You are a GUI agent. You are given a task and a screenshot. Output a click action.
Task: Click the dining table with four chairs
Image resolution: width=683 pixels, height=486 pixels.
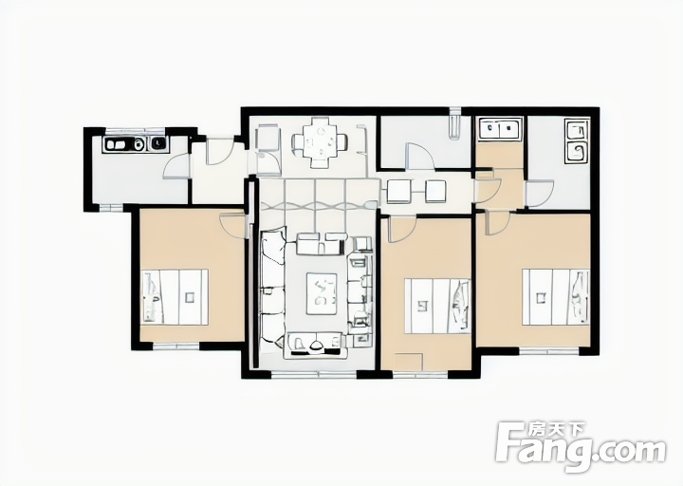(x=320, y=142)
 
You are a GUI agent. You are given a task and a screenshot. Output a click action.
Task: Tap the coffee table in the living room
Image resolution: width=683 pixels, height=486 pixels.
(x=322, y=293)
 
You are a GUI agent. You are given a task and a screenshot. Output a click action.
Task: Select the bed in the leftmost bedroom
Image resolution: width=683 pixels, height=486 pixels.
(x=175, y=296)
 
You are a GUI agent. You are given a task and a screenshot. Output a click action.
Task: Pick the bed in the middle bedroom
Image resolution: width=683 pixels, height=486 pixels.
(x=437, y=306)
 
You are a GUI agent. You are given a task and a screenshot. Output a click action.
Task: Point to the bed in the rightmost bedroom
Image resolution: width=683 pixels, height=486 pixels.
(x=556, y=296)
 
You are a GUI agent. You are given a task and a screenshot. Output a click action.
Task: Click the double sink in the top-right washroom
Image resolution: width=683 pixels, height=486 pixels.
(x=500, y=128)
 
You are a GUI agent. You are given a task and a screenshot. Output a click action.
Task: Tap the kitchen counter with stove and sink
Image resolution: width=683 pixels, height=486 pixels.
(x=135, y=144)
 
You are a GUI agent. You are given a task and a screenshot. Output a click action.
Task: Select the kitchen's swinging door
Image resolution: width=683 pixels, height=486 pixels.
(x=176, y=166)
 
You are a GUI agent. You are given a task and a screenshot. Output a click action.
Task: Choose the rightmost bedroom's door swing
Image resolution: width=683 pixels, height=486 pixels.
(x=497, y=224)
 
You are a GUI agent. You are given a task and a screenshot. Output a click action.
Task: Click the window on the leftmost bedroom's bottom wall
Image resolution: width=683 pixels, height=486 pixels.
(x=176, y=346)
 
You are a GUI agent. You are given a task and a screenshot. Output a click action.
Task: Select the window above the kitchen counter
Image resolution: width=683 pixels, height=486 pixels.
(x=135, y=131)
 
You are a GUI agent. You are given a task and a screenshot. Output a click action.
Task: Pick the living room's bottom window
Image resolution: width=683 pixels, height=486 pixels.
(x=314, y=374)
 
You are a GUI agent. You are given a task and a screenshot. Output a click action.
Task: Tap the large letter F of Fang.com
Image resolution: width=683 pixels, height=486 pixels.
(x=510, y=441)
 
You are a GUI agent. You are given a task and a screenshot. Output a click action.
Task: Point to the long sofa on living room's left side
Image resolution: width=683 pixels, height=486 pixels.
(x=272, y=287)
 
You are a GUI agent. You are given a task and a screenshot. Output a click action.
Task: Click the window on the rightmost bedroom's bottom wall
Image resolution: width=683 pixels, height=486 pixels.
(x=549, y=351)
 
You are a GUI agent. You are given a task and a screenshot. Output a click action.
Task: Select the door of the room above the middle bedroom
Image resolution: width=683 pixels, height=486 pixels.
(x=420, y=156)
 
